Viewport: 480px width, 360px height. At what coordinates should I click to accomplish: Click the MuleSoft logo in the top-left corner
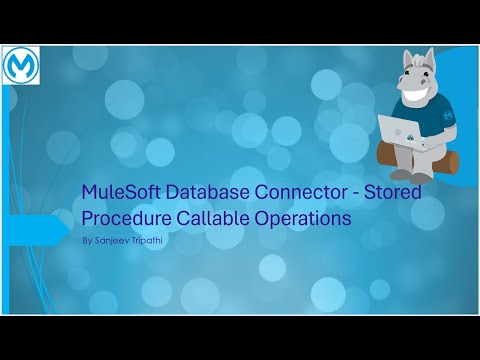(21, 66)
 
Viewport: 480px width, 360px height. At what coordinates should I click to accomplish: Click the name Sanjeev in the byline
(114, 241)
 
